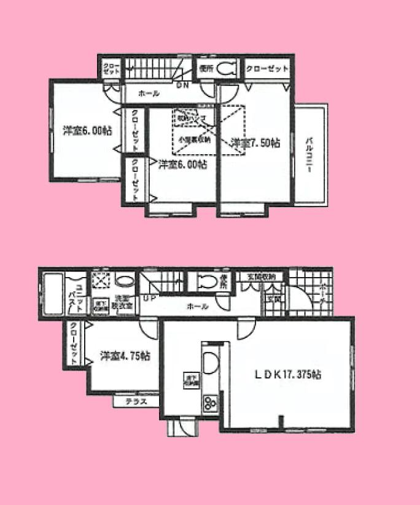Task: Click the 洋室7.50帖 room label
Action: (x=257, y=143)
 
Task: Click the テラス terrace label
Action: (x=136, y=402)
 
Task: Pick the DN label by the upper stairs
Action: (x=183, y=85)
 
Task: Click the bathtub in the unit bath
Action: (x=53, y=294)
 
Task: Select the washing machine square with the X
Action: (x=99, y=280)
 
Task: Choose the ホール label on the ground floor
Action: (x=197, y=306)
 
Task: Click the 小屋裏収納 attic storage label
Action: (x=195, y=139)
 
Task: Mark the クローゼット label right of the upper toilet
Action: (x=266, y=68)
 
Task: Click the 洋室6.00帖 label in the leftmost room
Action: (x=87, y=130)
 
